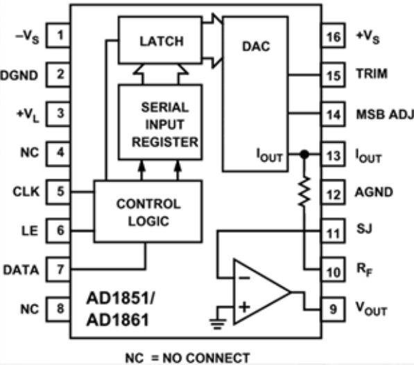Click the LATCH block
[x=160, y=40]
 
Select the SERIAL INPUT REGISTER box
[x=160, y=122]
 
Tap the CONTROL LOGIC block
[x=148, y=211]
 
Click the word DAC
[x=256, y=46]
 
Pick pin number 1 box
[x=58, y=35]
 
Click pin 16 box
[x=333, y=35]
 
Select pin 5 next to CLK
[x=58, y=192]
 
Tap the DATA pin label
[x=21, y=270]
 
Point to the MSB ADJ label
[x=385, y=114]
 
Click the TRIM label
[x=372, y=73]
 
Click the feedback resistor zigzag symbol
[x=304, y=191]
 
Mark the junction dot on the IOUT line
[x=304, y=154]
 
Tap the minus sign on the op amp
[x=245, y=278]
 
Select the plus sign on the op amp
[x=245, y=307]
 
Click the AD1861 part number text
[x=117, y=320]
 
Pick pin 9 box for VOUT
[x=333, y=309]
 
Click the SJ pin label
[x=364, y=229]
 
